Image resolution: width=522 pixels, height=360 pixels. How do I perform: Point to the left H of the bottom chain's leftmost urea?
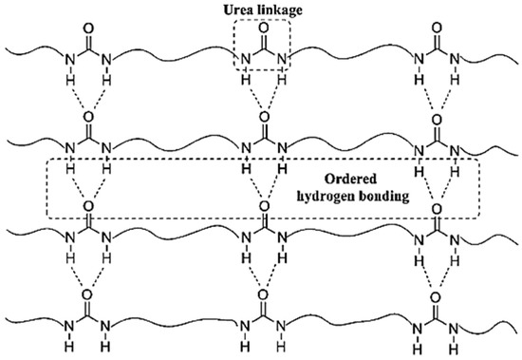tap(70, 344)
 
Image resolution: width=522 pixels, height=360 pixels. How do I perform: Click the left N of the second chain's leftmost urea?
tap(70, 148)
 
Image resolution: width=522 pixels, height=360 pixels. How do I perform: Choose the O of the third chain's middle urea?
tap(262, 205)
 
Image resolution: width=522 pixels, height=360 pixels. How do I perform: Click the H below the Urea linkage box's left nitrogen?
tap(245, 80)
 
